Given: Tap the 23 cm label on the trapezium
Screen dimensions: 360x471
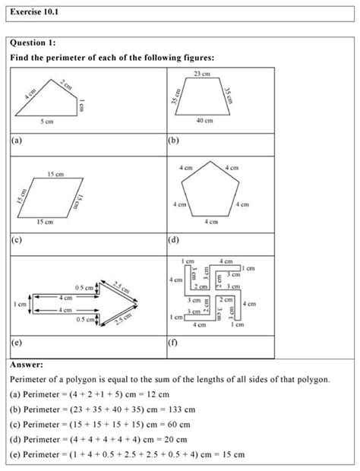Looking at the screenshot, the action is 201,73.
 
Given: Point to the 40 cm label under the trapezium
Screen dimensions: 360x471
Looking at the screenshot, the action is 203,120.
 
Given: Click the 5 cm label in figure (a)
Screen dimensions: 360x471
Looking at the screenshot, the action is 46,121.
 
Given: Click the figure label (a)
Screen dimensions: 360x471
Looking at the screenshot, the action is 17,140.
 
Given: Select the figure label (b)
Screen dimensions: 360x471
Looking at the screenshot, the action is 172,140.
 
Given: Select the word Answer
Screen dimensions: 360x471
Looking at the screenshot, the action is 27,364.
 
